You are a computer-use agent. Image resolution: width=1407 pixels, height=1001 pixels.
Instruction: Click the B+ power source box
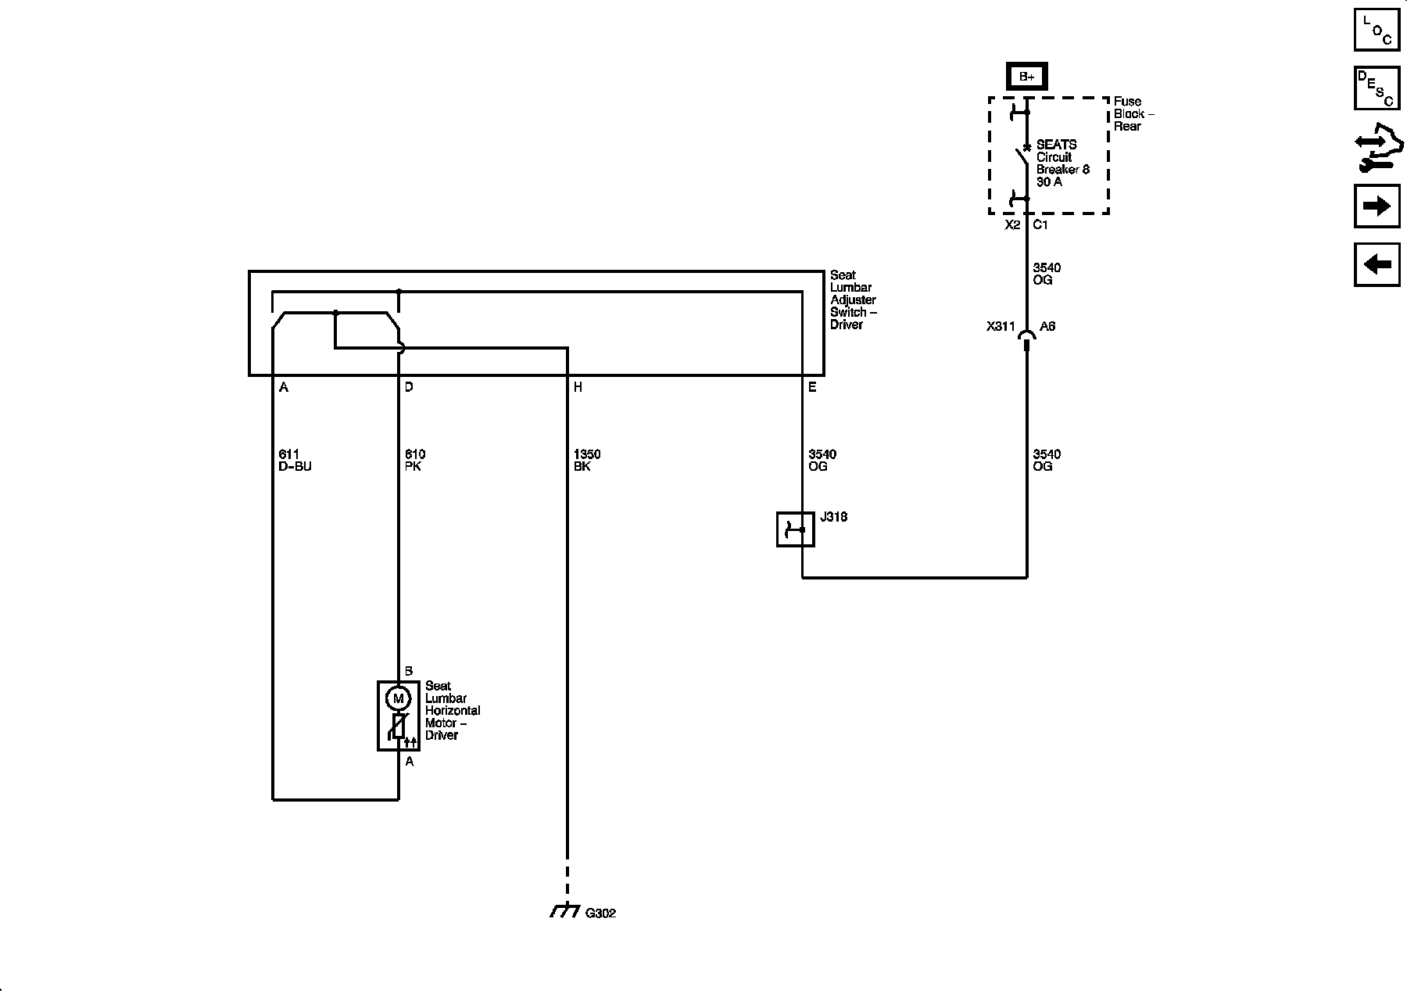[1026, 77]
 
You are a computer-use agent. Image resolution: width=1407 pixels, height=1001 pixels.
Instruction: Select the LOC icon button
[1377, 30]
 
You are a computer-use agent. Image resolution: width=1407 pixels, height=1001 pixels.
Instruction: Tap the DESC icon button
[1377, 88]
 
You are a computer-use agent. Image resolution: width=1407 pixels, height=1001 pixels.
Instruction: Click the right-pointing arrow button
[1377, 206]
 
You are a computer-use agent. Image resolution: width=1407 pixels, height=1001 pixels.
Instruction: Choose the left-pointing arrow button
[1377, 264]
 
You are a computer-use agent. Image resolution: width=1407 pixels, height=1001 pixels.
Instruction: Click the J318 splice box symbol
[795, 529]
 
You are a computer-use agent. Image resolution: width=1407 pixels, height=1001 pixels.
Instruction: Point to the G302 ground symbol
[566, 911]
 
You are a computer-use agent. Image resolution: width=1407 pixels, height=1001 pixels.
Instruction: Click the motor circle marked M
[399, 698]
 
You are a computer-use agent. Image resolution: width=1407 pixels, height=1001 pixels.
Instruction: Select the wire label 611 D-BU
[295, 460]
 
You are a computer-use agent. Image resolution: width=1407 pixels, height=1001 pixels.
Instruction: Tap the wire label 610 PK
[414, 460]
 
